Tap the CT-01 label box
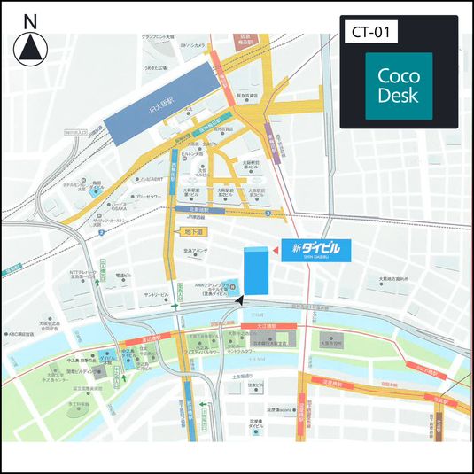click(369, 33)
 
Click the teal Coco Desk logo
click(399, 86)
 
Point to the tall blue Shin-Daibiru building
click(256, 270)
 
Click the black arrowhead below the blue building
click(238, 300)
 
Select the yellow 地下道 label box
click(191, 231)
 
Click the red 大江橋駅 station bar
click(256, 327)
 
